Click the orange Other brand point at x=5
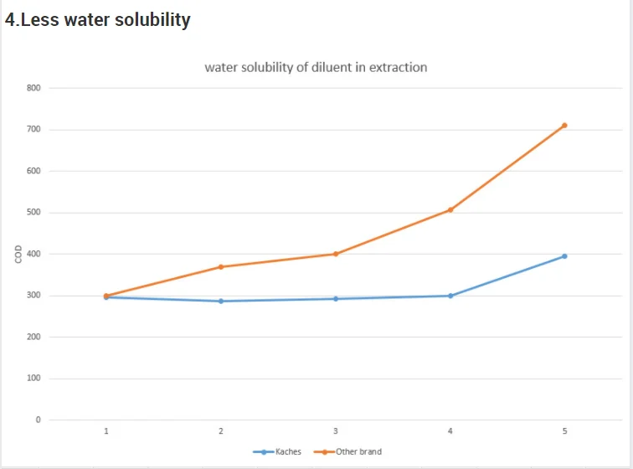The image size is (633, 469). [x=564, y=126]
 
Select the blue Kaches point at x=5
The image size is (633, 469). [x=564, y=256]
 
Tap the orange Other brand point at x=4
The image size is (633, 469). [x=450, y=209]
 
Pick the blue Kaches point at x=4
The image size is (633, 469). [x=450, y=296]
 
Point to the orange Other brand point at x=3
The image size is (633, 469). [x=336, y=254]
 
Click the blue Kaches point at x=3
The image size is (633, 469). [x=336, y=298]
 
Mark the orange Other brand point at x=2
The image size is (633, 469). [x=221, y=267]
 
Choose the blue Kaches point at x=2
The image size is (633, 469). [x=221, y=301]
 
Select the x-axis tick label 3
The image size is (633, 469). [x=336, y=431]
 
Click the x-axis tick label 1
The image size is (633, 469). [x=106, y=431]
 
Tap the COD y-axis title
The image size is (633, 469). [x=18, y=254]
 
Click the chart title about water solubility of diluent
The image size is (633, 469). [x=316, y=67]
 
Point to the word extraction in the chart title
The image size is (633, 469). [x=399, y=67]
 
